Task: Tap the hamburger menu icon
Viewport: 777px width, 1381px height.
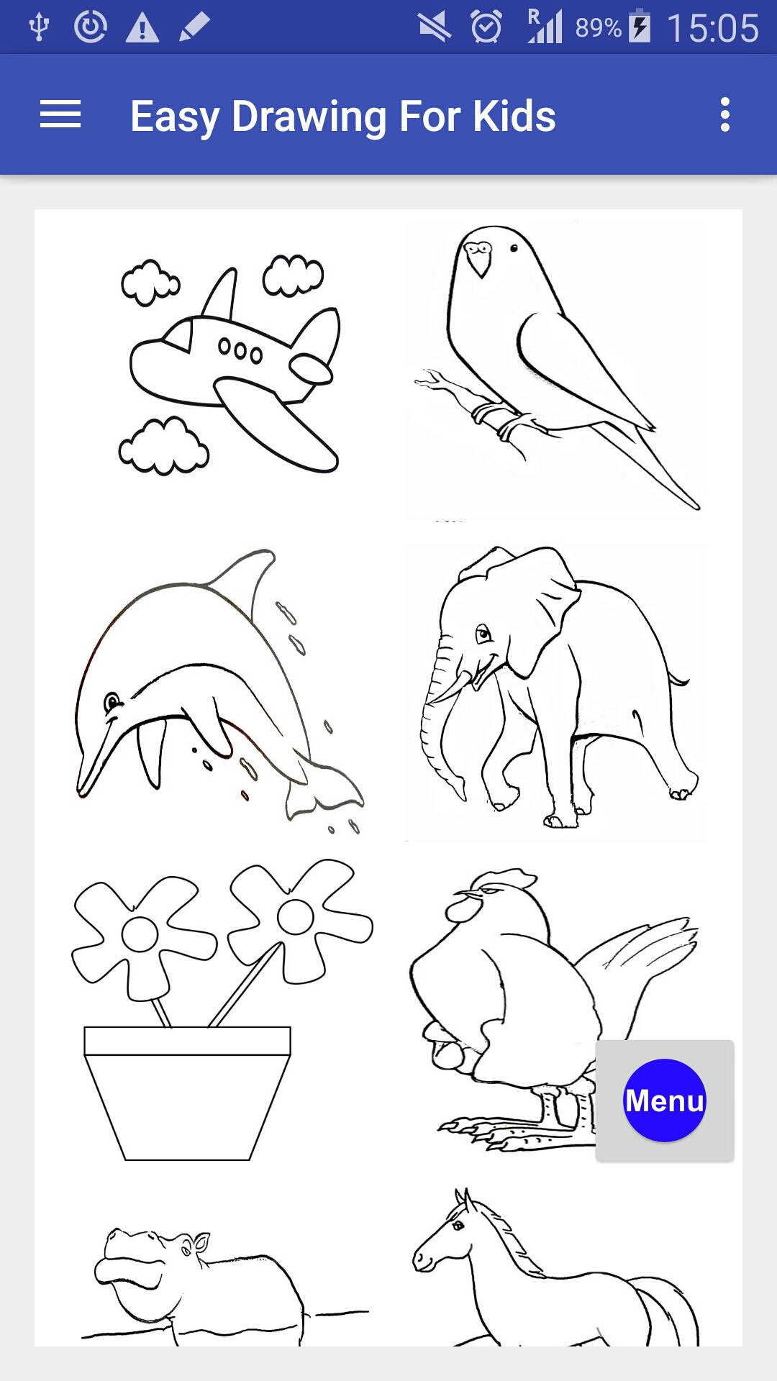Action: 60,115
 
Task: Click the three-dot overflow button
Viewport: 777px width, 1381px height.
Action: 725,115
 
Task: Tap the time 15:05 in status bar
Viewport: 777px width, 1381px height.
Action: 712,29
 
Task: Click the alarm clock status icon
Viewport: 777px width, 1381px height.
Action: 486,27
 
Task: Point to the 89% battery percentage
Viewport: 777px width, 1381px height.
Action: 598,28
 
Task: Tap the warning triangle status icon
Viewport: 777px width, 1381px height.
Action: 142,28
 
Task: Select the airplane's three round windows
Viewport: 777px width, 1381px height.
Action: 240,350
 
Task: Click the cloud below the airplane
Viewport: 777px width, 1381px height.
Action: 164,447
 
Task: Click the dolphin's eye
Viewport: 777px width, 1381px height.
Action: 112,701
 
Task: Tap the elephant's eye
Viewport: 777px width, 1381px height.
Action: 483,634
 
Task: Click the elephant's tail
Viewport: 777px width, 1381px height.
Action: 678,678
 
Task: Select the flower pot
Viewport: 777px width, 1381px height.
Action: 187,1093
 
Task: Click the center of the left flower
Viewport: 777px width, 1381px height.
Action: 140,934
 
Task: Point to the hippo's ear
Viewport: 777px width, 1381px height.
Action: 200,1243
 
